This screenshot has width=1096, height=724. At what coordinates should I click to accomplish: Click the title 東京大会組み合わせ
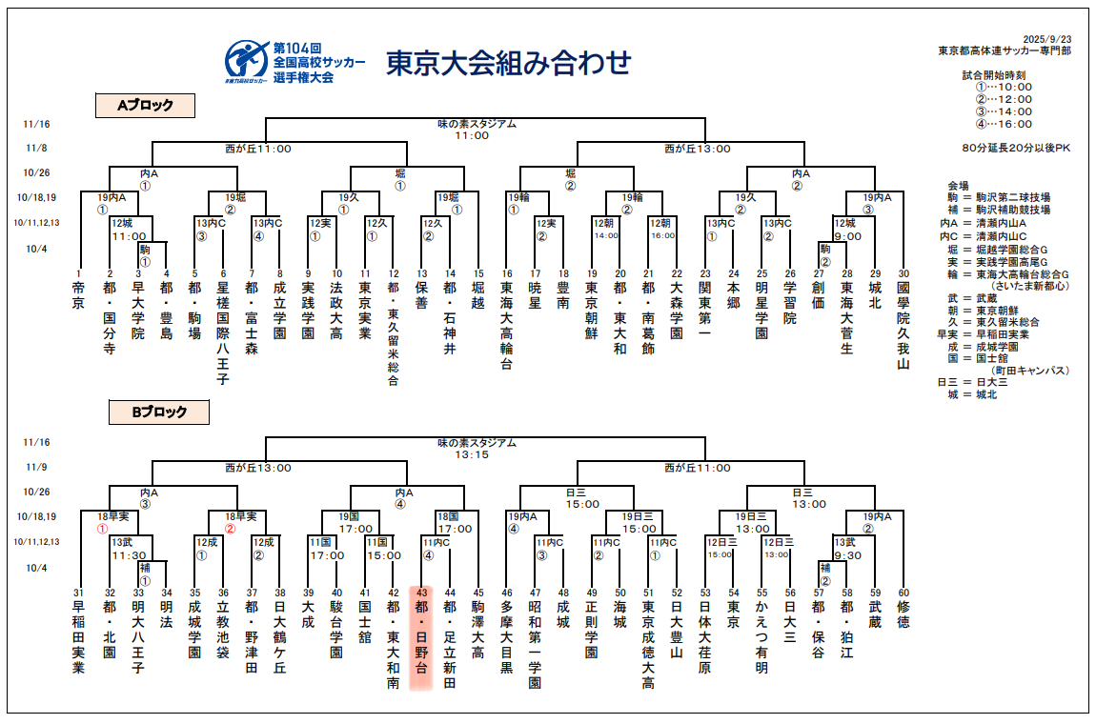pos(508,63)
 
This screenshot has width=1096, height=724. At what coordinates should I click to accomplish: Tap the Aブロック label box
pos(145,106)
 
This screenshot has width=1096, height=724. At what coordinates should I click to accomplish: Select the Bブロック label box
pos(158,412)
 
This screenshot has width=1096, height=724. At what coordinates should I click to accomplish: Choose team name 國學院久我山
pos(903,323)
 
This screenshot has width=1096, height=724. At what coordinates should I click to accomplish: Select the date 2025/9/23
pos(1045,38)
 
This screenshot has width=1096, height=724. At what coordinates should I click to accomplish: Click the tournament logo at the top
pos(245,61)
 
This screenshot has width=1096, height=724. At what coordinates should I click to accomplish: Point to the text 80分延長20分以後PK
pos(1016,148)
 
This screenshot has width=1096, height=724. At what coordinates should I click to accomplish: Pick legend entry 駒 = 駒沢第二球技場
pos(999,197)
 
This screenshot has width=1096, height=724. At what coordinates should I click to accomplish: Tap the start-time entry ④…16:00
pos(1004,124)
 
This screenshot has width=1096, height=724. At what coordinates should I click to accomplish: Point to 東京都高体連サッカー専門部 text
pos(1004,50)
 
